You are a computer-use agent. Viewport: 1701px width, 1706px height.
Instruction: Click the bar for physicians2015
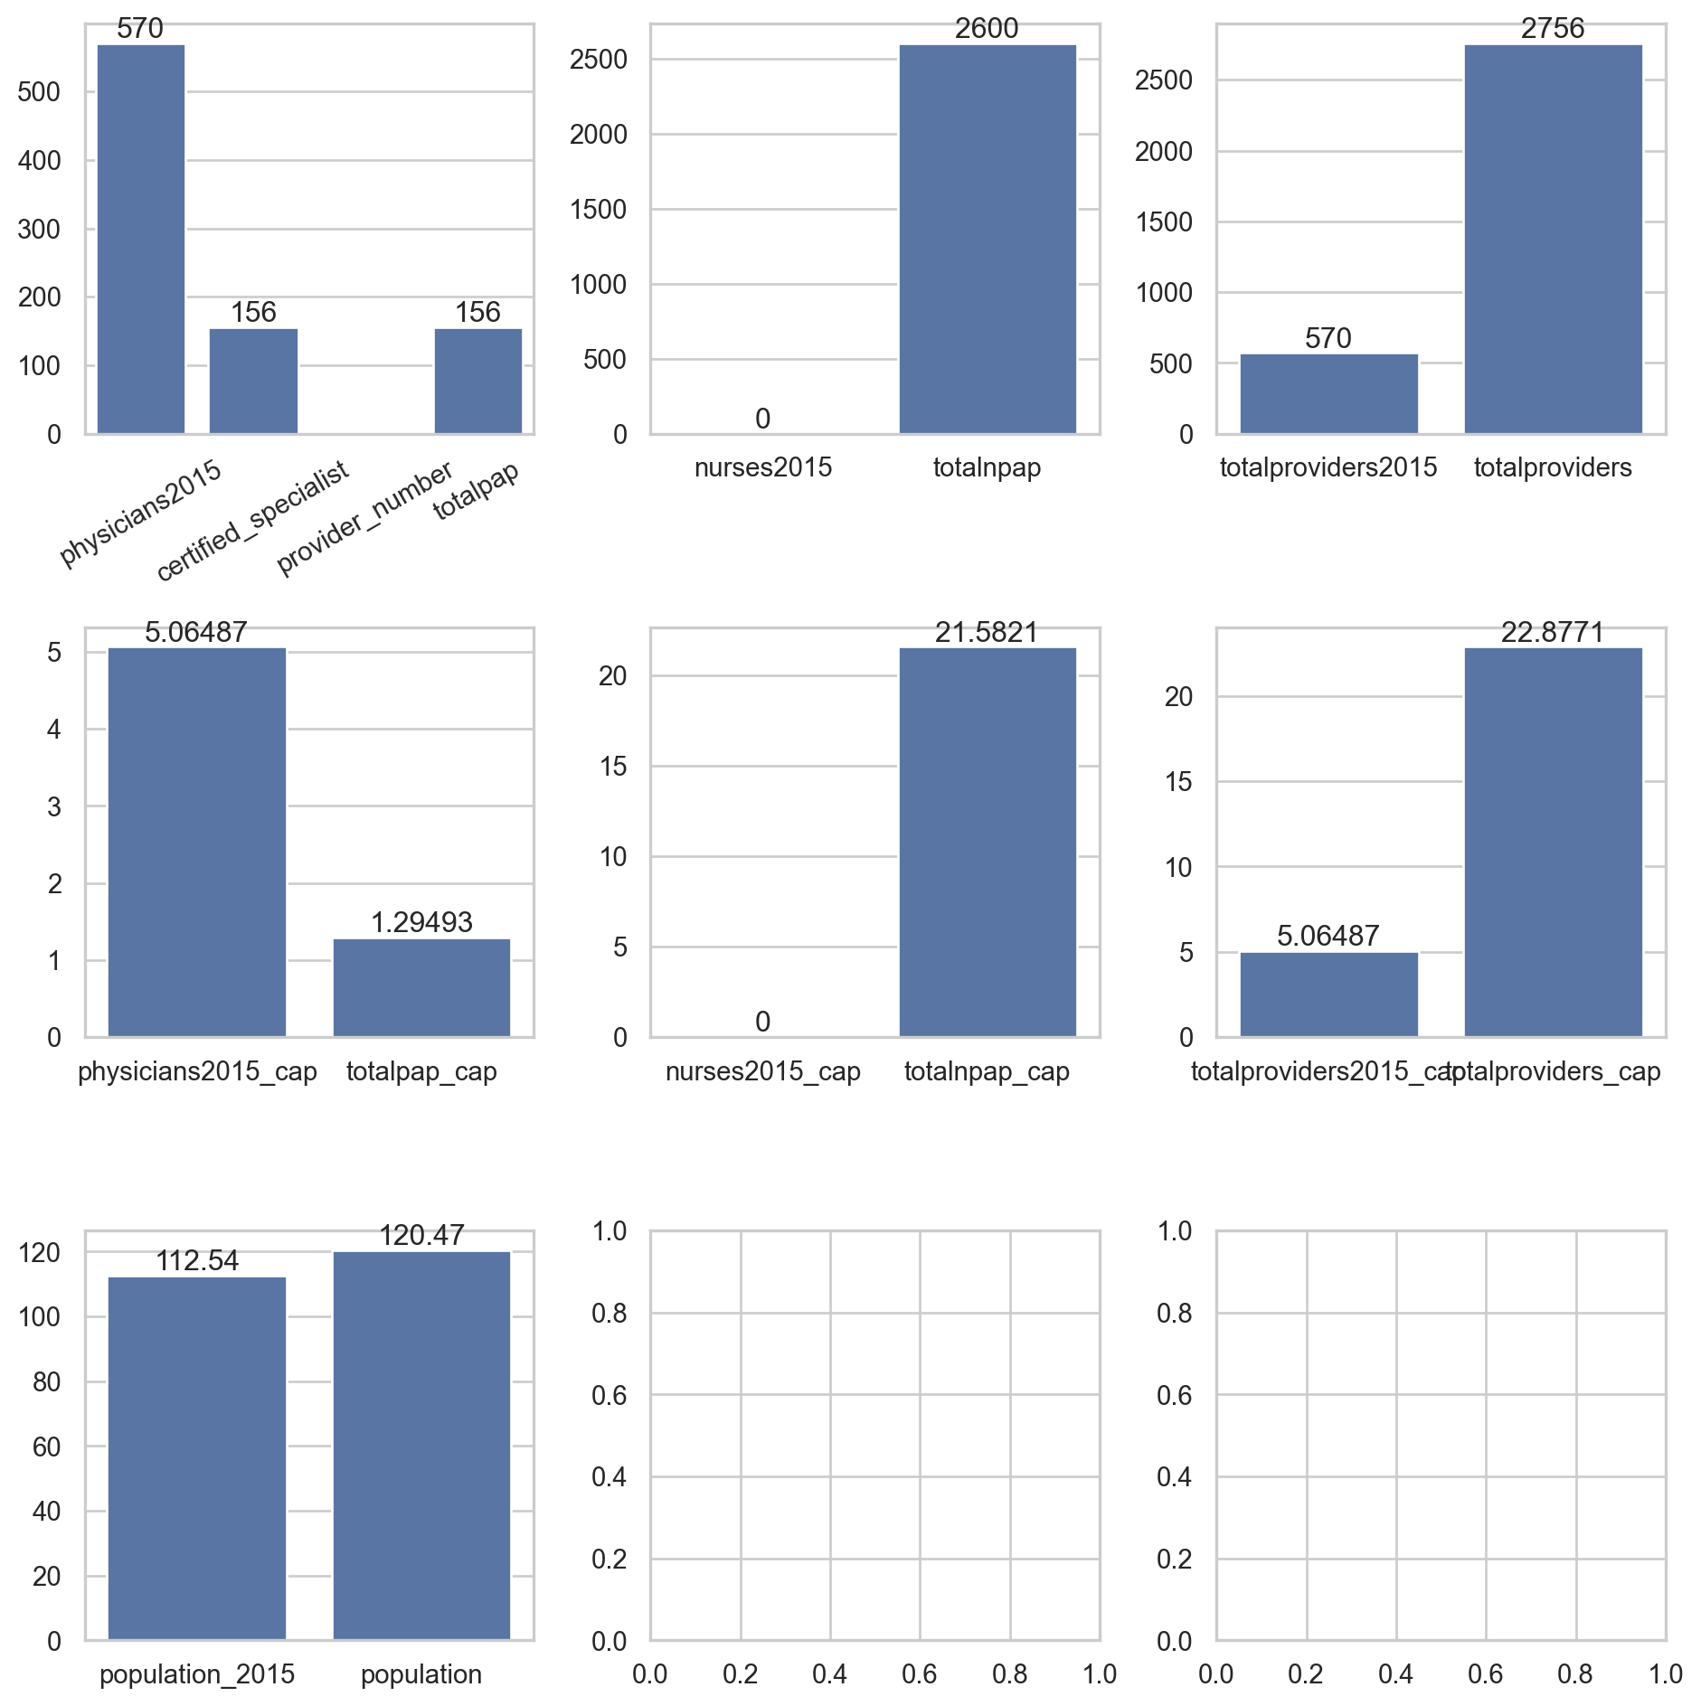140,240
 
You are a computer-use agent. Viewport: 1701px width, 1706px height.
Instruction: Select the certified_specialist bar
253,381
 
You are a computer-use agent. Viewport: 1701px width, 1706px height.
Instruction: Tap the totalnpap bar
987,240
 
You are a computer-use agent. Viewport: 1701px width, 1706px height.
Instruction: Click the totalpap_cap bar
421,987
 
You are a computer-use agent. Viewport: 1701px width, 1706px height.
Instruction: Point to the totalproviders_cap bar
1552,842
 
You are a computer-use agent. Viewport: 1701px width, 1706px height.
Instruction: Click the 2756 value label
1552,29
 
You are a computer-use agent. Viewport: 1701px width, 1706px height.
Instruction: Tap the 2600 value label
987,29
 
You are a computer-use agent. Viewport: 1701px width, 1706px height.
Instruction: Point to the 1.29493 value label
421,922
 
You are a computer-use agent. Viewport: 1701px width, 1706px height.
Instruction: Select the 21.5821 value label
987,632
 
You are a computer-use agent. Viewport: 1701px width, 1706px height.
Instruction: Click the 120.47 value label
421,1235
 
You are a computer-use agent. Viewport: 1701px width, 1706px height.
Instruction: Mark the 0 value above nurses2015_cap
762,1022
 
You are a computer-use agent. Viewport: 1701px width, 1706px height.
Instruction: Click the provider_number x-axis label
365,518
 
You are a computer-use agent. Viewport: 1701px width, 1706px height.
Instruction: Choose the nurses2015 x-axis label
762,467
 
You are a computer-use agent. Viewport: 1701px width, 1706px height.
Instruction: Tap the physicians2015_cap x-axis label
197,1071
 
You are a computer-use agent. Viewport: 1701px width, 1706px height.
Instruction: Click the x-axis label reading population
421,1674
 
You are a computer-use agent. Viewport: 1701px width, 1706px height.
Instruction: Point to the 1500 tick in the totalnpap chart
598,210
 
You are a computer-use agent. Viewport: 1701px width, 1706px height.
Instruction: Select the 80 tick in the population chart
46,1382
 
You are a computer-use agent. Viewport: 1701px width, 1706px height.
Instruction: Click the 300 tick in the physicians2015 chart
39,230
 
